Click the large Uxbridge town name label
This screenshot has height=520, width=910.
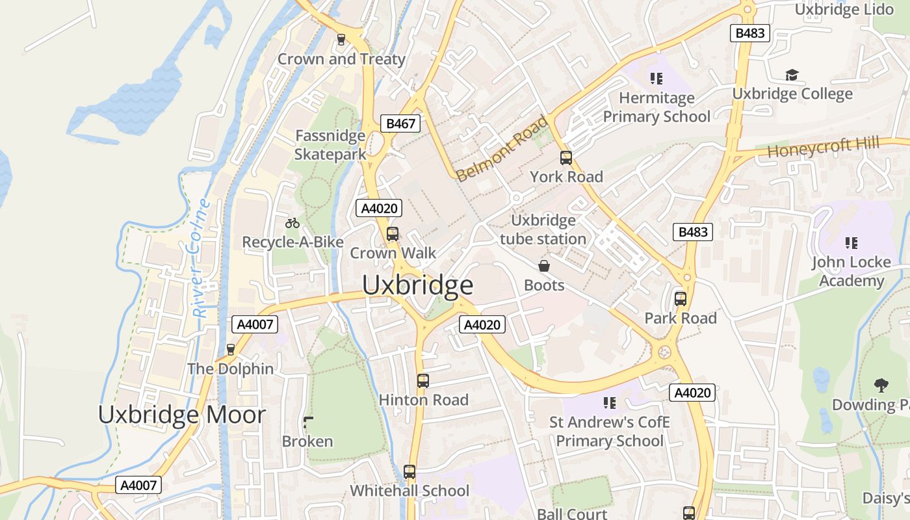[x=417, y=285]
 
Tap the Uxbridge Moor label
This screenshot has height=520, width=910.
[x=182, y=415]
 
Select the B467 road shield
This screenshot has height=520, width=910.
[x=400, y=123]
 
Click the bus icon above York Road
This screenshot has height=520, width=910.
[x=566, y=157]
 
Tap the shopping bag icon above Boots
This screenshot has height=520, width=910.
[x=543, y=266]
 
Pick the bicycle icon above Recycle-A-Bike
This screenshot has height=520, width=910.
[x=292, y=223]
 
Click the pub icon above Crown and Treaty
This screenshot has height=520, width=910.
[x=341, y=40]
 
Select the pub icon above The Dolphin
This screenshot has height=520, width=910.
[x=230, y=349]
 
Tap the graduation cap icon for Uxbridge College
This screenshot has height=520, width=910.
[x=792, y=75]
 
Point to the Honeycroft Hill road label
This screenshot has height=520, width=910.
[x=823, y=147]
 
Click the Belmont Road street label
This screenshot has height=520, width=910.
[x=502, y=149]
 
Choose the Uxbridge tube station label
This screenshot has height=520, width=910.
[x=543, y=229]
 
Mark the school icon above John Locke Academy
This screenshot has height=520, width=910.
[x=851, y=243]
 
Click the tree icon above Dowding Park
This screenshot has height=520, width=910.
[x=881, y=385]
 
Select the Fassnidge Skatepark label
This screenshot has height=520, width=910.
[x=330, y=145]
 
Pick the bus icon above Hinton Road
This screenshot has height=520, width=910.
[x=423, y=381]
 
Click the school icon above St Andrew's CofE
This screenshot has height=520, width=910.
[x=609, y=403]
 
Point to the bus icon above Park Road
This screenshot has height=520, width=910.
[x=681, y=299]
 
